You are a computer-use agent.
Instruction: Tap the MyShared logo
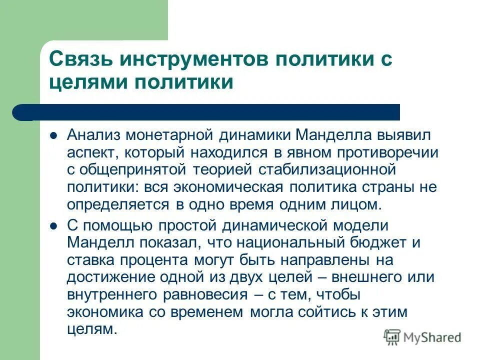tap(422, 337)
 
